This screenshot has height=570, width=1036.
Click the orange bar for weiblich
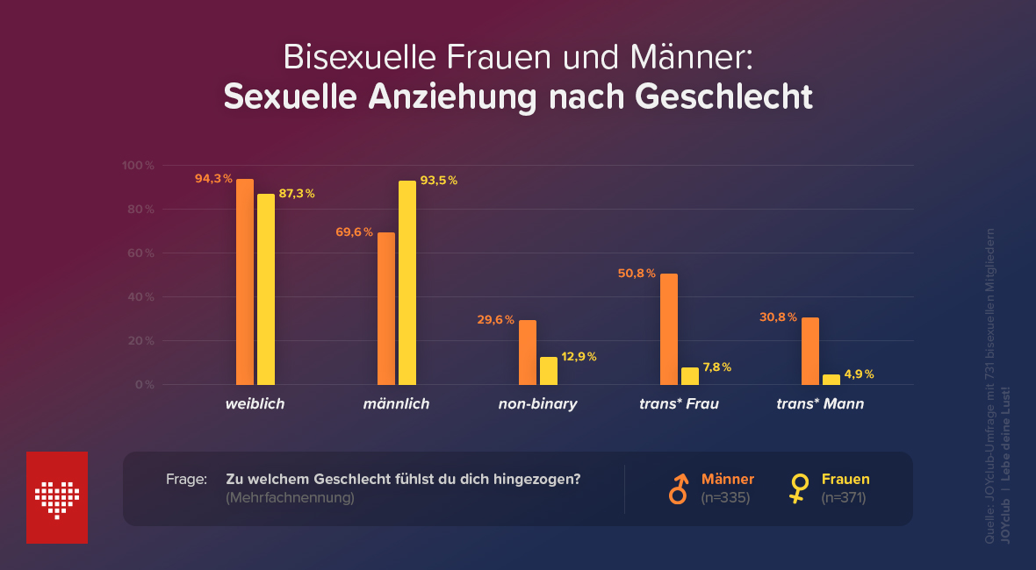point(245,281)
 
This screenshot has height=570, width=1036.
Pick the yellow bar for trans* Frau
point(690,376)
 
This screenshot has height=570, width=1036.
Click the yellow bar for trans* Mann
point(831,380)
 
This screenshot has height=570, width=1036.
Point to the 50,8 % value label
point(637,274)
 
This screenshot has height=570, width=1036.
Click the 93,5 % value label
point(439,181)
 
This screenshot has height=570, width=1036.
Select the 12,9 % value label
point(579,357)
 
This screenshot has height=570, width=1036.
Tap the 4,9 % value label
point(859,374)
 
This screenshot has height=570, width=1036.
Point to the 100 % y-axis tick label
point(139,166)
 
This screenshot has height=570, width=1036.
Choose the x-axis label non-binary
point(537,404)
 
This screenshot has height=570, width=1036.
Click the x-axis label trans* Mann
point(820,404)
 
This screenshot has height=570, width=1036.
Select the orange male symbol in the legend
point(678,488)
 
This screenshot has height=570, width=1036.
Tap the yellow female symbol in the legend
point(798,488)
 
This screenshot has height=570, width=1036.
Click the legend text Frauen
point(845,480)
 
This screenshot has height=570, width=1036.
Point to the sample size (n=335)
point(725,498)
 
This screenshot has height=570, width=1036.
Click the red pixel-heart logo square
point(57,497)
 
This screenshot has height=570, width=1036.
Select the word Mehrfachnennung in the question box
point(290,498)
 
